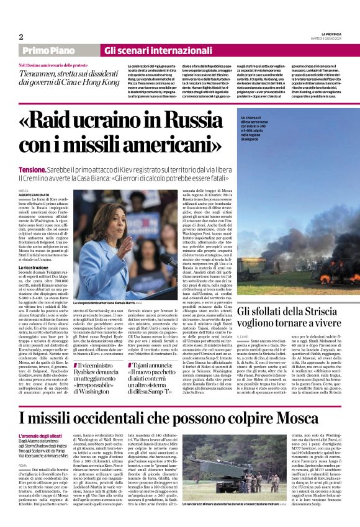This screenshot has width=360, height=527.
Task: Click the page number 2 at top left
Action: point(21,37)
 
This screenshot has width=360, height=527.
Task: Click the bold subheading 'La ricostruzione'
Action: point(34,268)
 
